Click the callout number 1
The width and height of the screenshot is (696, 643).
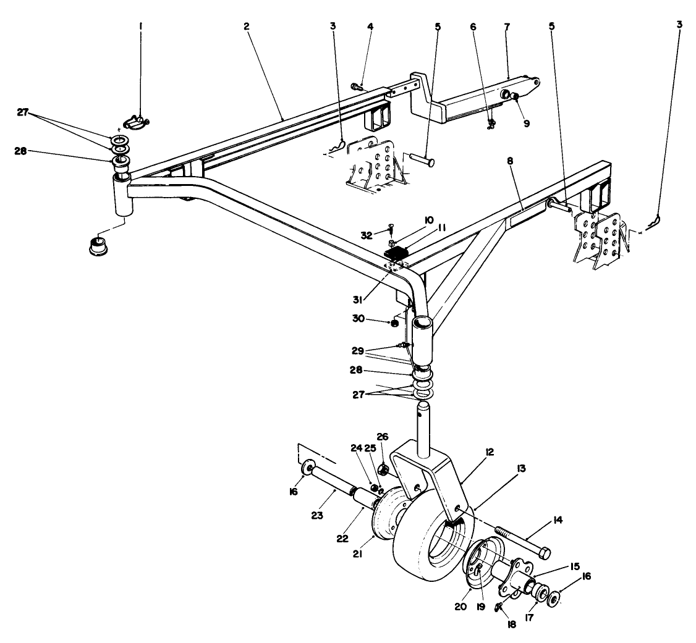(140, 28)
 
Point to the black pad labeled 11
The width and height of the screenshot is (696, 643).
(397, 253)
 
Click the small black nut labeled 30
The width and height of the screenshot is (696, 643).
(393, 322)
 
